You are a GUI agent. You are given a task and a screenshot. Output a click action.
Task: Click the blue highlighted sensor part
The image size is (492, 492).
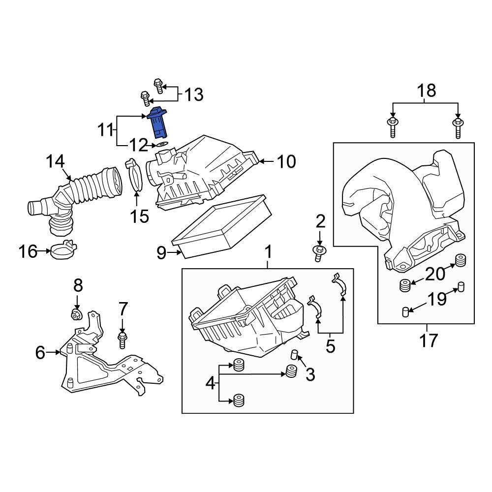point(159,123)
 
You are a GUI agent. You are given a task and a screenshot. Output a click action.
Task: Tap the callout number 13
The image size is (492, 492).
point(194,94)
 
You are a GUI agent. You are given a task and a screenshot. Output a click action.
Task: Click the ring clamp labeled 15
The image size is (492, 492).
point(136,177)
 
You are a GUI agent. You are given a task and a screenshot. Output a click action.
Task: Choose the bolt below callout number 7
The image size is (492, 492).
point(122,339)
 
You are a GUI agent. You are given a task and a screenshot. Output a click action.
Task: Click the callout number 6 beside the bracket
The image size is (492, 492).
point(40,352)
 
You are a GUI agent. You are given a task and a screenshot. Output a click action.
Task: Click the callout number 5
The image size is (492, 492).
point(330,346)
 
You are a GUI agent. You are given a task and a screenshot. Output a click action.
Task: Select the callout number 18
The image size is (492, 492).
point(427,91)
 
